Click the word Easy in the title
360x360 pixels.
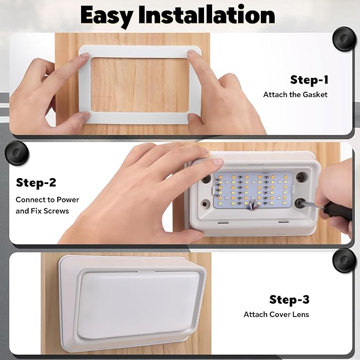pyautogui.click(x=107, y=16)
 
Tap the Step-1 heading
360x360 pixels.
pyautogui.click(x=309, y=80)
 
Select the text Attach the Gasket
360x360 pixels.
pyautogui.click(x=295, y=94)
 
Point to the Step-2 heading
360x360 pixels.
pyautogui.click(x=36, y=182)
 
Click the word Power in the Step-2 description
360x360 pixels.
pyautogui.click(x=68, y=200)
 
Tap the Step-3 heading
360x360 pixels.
pyautogui.click(x=289, y=300)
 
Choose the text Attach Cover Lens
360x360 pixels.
pyautogui.click(x=276, y=314)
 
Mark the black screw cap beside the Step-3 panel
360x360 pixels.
pyautogui.click(x=344, y=260)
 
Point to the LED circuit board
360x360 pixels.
pyautogui.click(x=253, y=190)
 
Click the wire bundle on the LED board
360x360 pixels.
pyautogui.click(x=252, y=204)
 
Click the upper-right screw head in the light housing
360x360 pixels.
pyautogui.click(x=301, y=177)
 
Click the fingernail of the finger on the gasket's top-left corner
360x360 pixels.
pyautogui.click(x=84, y=55)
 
